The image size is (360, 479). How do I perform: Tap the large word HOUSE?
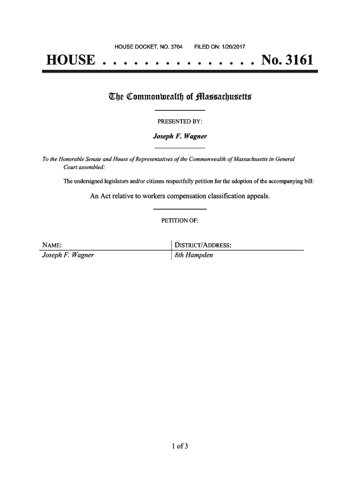(70, 60)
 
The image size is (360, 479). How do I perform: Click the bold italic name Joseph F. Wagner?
(180, 137)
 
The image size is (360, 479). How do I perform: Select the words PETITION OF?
(180, 221)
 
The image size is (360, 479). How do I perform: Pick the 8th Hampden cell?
(194, 255)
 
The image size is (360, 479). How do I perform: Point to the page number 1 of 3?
(180, 445)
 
